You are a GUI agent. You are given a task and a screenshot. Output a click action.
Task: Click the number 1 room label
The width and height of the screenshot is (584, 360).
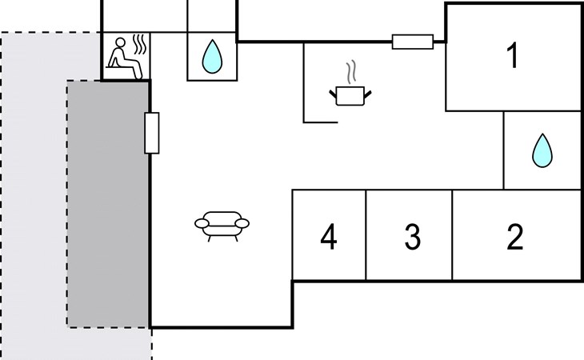click(513, 56)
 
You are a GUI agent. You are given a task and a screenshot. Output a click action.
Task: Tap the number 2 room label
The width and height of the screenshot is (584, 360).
click(515, 237)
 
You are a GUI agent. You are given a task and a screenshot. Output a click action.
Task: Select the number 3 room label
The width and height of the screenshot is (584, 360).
click(412, 237)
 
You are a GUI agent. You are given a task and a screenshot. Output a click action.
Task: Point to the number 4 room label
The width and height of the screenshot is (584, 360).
click(328, 237)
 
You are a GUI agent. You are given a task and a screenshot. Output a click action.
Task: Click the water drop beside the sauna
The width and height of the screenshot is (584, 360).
click(211, 57)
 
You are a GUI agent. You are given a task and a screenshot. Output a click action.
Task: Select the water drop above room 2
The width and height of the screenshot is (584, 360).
click(542, 150)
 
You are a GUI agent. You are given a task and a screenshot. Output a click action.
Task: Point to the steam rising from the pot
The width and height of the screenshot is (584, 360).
click(350, 71)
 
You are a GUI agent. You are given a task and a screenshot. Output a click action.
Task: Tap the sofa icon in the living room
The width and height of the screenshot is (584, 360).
click(222, 225)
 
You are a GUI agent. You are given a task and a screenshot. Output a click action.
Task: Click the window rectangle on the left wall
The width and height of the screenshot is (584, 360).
click(151, 133)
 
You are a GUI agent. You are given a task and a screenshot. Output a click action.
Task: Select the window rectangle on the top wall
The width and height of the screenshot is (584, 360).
click(413, 42)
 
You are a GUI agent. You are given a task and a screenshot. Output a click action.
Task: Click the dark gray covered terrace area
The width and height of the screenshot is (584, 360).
click(108, 204)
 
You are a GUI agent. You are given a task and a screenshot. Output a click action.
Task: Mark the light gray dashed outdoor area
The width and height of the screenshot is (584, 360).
click(32, 200)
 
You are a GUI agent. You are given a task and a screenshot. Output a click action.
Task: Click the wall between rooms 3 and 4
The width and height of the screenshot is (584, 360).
click(366, 235)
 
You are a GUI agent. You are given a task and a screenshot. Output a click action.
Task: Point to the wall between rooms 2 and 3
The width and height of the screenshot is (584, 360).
click(453, 235)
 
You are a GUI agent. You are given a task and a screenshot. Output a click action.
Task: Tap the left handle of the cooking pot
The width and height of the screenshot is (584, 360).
click(334, 95)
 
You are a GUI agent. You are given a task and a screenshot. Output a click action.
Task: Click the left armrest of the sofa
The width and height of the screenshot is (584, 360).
click(201, 223)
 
